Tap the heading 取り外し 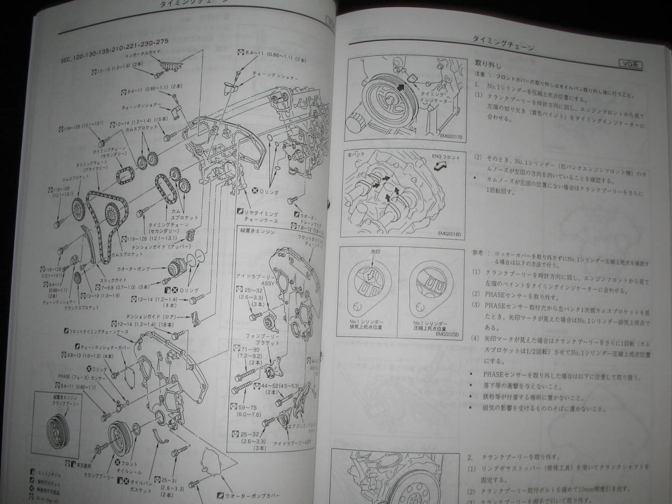(487, 63)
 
